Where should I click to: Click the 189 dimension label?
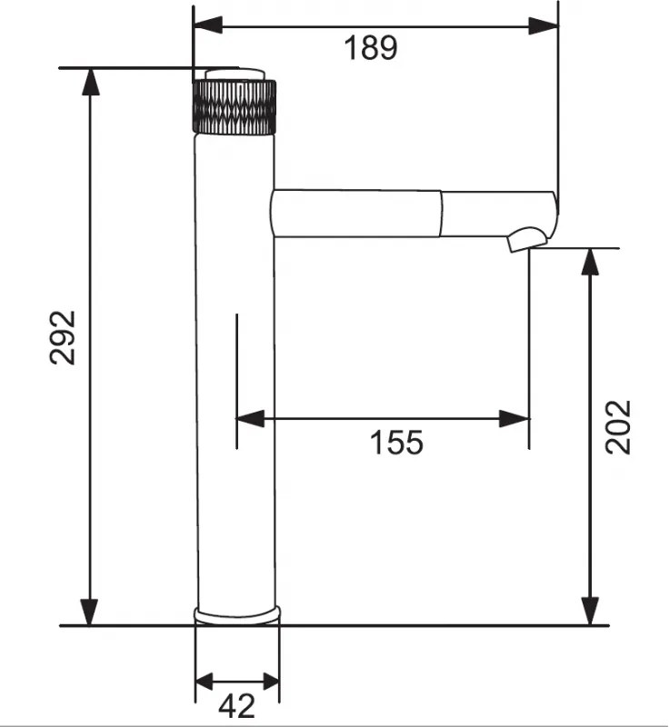point(371,48)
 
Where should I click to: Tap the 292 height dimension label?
point(63,337)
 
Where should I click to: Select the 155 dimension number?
point(396,443)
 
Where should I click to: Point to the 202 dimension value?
point(618,427)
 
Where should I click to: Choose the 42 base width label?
point(236,706)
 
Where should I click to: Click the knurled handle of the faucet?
point(235,107)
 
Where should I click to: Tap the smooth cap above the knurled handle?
point(235,75)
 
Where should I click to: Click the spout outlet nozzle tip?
point(527,239)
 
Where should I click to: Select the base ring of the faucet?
point(237,615)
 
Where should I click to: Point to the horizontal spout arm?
point(413,214)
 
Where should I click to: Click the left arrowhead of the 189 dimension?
point(208,25)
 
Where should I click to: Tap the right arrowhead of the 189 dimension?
point(544,26)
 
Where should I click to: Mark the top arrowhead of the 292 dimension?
point(90,82)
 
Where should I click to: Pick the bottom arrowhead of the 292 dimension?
point(90,612)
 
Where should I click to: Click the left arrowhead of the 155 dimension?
point(250,419)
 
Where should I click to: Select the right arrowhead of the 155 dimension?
point(514,419)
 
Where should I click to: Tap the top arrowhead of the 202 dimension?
point(590,262)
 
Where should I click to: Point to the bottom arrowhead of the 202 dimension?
point(590,612)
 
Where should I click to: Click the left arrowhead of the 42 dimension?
point(204,681)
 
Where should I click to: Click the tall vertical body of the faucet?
point(235,371)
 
